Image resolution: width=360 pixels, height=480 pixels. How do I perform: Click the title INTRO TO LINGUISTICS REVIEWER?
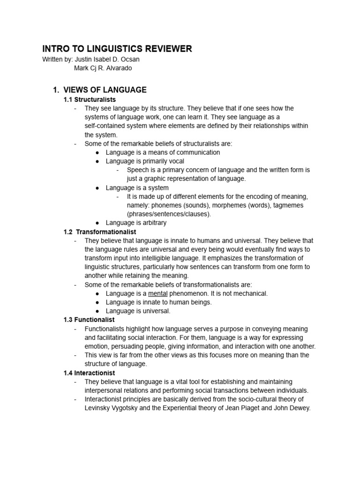click(117, 49)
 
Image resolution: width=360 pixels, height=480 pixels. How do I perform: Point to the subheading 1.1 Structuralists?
click(90, 99)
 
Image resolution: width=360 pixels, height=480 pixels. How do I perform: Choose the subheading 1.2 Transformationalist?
click(100, 232)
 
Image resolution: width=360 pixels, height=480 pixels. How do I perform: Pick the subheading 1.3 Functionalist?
click(89, 320)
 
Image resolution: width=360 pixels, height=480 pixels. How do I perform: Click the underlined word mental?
click(157, 293)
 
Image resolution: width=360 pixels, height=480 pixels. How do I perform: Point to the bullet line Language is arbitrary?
click(136, 223)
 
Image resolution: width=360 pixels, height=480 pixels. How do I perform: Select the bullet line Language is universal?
click(138, 311)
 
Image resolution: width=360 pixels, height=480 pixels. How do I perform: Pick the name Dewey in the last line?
click(300, 408)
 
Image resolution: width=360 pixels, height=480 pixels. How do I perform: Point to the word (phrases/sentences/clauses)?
click(169, 214)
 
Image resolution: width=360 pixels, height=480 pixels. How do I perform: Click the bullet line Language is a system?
click(137, 187)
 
